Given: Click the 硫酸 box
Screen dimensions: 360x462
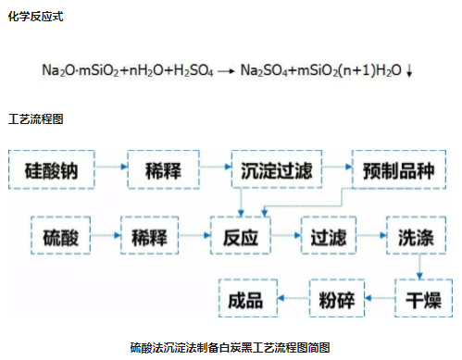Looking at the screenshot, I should [x=61, y=234].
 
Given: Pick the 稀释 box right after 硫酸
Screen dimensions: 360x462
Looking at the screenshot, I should [x=151, y=234].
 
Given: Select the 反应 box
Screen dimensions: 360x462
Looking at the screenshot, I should [x=240, y=234].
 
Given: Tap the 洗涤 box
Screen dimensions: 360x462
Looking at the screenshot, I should [x=420, y=234].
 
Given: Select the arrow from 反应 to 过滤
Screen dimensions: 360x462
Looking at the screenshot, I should [x=285, y=234].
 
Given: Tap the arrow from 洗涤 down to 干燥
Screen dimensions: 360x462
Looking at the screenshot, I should [x=421, y=266].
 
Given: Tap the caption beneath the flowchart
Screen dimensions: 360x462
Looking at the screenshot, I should [x=230, y=347].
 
